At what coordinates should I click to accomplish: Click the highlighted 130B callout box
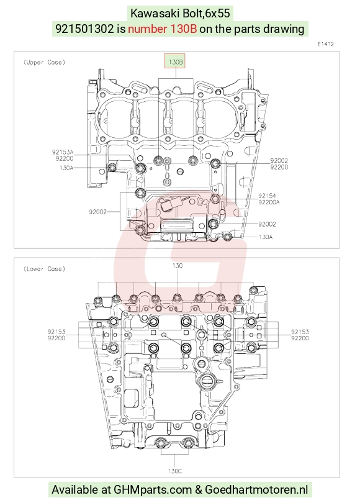click(x=174, y=61)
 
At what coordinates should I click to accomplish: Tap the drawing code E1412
click(x=326, y=44)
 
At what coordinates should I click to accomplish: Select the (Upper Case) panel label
click(x=44, y=62)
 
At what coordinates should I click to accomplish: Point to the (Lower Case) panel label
click(x=44, y=269)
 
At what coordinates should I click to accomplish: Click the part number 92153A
click(x=63, y=152)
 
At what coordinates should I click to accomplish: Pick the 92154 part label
click(x=267, y=196)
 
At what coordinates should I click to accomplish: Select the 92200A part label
click(x=269, y=202)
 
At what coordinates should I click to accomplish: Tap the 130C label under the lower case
click(x=174, y=471)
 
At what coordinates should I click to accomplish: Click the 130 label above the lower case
click(x=178, y=266)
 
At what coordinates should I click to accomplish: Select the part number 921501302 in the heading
click(x=84, y=29)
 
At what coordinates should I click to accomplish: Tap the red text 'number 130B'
click(x=162, y=29)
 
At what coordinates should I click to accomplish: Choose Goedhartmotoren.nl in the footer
click(x=256, y=490)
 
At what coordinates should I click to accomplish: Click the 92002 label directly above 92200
click(x=279, y=161)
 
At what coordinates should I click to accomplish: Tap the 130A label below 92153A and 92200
click(x=66, y=168)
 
